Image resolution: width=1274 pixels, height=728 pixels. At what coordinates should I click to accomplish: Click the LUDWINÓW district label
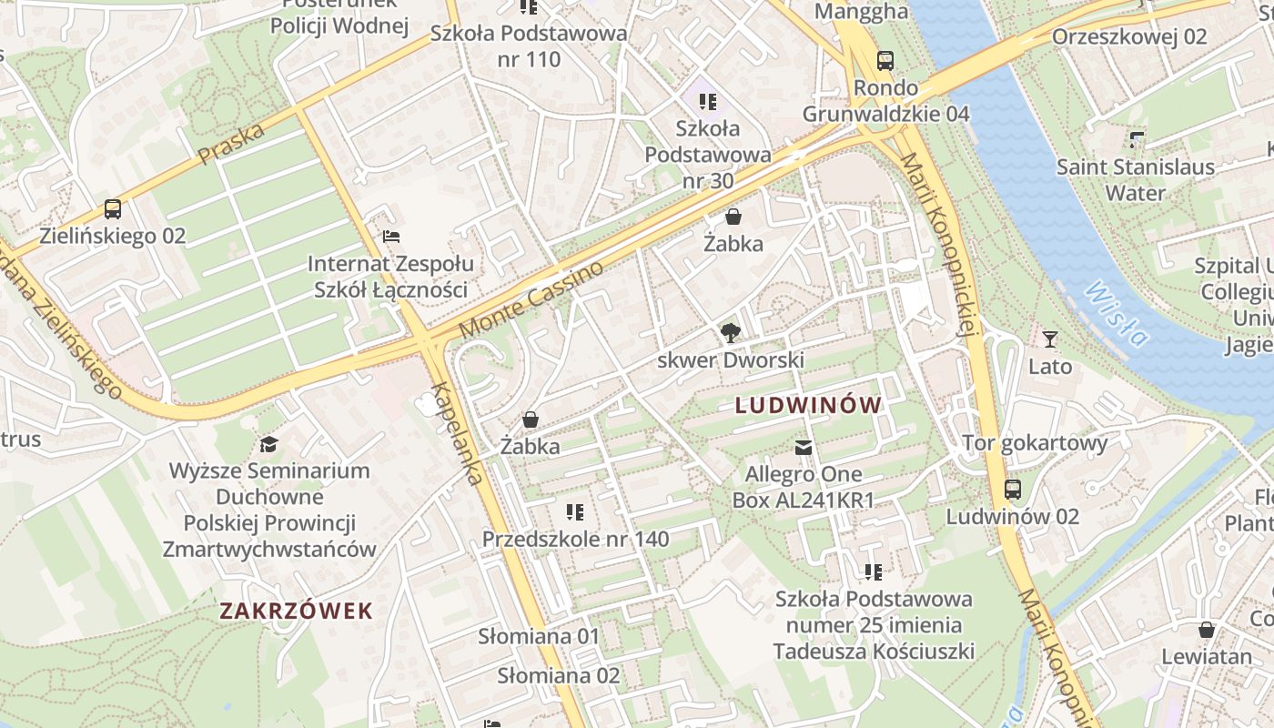pyautogui.click(x=808, y=406)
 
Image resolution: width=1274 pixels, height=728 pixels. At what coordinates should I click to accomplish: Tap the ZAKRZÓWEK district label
pyautogui.click(x=297, y=611)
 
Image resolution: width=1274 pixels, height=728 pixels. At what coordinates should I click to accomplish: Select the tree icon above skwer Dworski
pyautogui.click(x=730, y=333)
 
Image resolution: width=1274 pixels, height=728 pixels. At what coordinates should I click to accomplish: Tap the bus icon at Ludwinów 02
pyautogui.click(x=1013, y=490)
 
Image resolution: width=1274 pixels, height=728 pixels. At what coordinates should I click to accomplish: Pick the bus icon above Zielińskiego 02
pyautogui.click(x=113, y=209)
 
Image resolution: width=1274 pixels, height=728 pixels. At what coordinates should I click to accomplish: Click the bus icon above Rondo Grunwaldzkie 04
pyautogui.click(x=885, y=61)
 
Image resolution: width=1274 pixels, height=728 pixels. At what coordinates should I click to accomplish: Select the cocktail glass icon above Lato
pyautogui.click(x=1050, y=339)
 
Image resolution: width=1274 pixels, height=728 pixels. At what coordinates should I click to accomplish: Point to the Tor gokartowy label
pyautogui.click(x=1036, y=443)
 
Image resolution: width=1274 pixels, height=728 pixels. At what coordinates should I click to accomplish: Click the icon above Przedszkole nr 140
pyautogui.click(x=574, y=512)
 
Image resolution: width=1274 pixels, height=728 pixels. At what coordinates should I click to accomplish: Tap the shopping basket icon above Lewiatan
pyautogui.click(x=1206, y=630)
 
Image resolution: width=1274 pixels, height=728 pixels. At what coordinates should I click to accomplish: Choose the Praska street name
pyautogui.click(x=231, y=144)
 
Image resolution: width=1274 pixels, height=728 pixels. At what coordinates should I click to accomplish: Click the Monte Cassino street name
pyautogui.click(x=531, y=299)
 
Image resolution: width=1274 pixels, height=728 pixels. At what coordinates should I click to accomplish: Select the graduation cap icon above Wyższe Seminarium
pyautogui.click(x=268, y=444)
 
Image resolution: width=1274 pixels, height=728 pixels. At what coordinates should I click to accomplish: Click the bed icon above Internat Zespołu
pyautogui.click(x=390, y=237)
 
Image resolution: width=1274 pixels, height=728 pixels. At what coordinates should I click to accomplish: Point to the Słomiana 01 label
pyautogui.click(x=539, y=636)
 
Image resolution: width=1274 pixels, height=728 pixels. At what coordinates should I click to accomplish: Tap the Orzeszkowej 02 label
pyautogui.click(x=1128, y=37)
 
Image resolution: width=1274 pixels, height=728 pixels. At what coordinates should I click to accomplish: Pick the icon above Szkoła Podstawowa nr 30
pyautogui.click(x=708, y=101)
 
